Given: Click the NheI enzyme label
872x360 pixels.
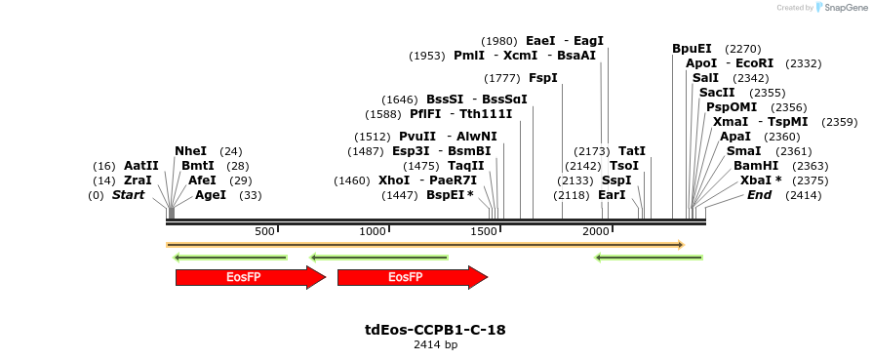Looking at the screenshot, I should pyautogui.click(x=190, y=151).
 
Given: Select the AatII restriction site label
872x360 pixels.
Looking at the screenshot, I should pyautogui.click(x=140, y=166).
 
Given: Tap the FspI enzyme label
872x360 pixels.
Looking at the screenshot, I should pyautogui.click(x=542, y=78).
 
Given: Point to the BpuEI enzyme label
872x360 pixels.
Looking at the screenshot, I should pyautogui.click(x=692, y=49).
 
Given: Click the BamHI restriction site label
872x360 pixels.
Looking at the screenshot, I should pyautogui.click(x=756, y=166).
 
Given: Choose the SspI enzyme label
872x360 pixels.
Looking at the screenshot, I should pyautogui.click(x=616, y=180).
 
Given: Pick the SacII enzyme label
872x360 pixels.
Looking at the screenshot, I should pyautogui.click(x=717, y=93).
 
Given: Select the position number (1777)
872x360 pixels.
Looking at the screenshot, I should pyautogui.click(x=502, y=78).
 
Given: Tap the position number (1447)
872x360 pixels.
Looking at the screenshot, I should pyautogui.click(x=400, y=195).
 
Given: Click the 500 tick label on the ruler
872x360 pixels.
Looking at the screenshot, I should pyautogui.click(x=264, y=231).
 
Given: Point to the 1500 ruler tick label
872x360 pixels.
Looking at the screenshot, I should pyautogui.click(x=485, y=231).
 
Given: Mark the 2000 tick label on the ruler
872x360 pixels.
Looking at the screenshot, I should pyautogui.click(x=595, y=231).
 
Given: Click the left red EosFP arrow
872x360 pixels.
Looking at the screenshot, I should pyautogui.click(x=250, y=278).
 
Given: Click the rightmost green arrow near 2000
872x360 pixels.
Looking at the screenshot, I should pyautogui.click(x=649, y=258).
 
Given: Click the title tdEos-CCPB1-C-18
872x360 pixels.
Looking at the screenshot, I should pyautogui.click(x=435, y=330).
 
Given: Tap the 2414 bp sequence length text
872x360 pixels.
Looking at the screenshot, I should pyautogui.click(x=435, y=344).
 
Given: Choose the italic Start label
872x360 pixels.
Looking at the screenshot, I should pyautogui.click(x=128, y=195).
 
